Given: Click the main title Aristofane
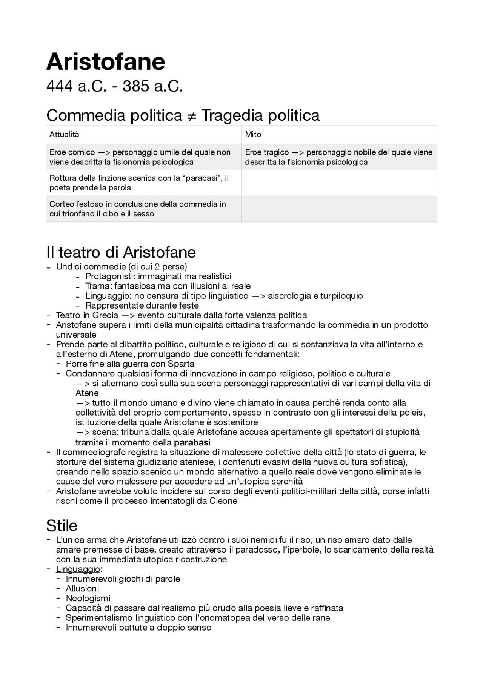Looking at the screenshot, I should (x=106, y=62).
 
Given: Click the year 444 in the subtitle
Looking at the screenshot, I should (x=59, y=87).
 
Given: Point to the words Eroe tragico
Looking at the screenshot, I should (x=267, y=152).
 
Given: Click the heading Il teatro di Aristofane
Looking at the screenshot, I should (x=121, y=252).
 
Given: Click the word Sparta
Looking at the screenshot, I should (x=181, y=364).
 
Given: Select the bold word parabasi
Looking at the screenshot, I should (x=192, y=442).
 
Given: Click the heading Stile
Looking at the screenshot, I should (x=62, y=525).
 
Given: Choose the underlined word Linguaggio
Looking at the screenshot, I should (x=78, y=569).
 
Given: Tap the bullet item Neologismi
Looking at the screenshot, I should (x=88, y=599).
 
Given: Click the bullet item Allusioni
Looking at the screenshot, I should (x=82, y=589).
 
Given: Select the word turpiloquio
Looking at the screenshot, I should (x=341, y=296).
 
